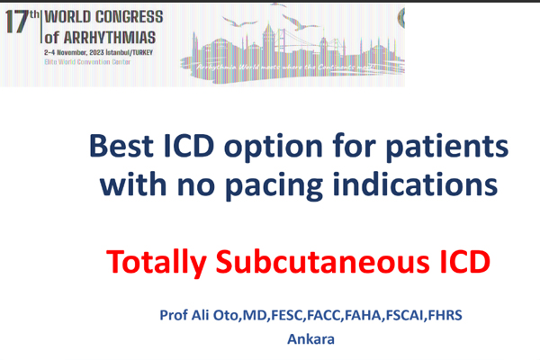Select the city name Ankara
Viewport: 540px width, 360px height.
point(310,339)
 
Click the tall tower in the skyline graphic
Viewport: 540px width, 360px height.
point(267,40)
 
